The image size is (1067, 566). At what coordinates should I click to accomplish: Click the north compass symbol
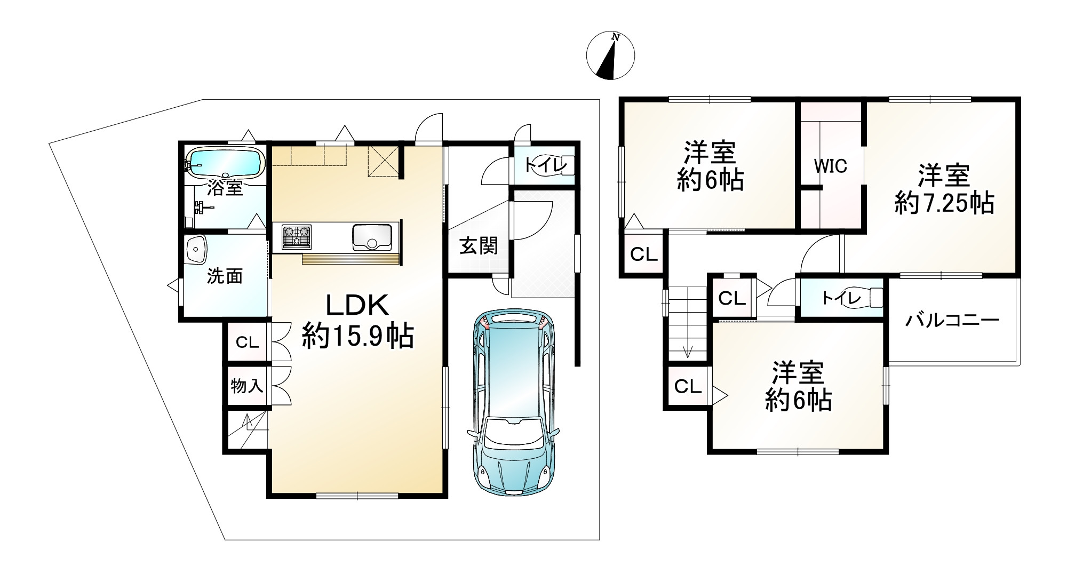tap(610, 56)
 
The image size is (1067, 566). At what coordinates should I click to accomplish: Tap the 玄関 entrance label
tap(479, 246)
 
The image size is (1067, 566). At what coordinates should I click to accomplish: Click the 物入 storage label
tap(246, 385)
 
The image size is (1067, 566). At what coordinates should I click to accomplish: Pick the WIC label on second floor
tap(830, 166)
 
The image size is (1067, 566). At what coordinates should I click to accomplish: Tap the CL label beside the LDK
tap(246, 342)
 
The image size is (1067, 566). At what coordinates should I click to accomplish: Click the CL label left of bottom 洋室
tap(687, 386)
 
